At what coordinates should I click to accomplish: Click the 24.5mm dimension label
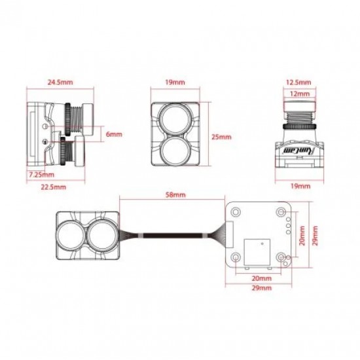coord(60,82)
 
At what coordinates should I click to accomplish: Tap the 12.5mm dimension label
coord(298,82)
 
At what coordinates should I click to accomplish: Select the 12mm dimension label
coord(300,94)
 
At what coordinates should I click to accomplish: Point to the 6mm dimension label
coord(114,134)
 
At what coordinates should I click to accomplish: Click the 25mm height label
coord(221,137)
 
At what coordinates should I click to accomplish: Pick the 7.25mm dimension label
coord(41,175)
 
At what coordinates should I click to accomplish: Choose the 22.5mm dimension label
coord(54,187)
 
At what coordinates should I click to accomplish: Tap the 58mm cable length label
coord(175,194)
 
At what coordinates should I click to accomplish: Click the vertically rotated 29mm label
coord(315,236)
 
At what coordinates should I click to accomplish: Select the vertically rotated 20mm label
coord(302,236)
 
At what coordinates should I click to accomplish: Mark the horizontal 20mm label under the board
coord(262,278)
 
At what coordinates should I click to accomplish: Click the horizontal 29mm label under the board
coord(262,288)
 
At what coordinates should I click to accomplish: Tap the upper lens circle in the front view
coord(175,119)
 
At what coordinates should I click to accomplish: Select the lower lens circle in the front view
coord(175,151)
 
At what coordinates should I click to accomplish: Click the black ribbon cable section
coord(173,236)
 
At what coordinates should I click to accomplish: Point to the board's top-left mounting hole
coord(236,211)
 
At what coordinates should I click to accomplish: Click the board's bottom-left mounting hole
coord(236,257)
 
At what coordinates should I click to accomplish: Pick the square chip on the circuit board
coord(257,252)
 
